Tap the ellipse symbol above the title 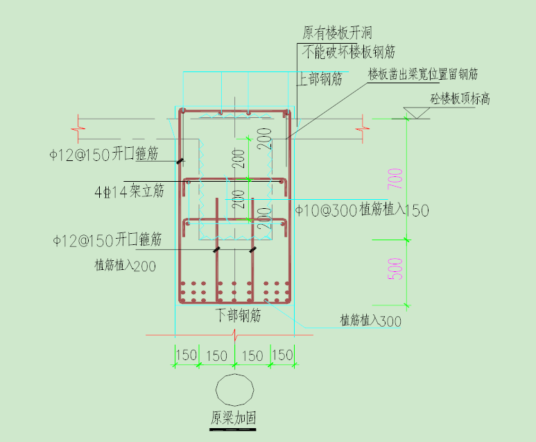click(234, 390)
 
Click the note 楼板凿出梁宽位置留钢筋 click(423, 74)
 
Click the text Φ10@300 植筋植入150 click(362, 210)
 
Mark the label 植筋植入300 click(371, 321)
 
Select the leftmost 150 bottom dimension click(185, 355)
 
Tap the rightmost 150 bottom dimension click(282, 355)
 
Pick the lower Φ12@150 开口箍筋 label click(107, 241)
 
